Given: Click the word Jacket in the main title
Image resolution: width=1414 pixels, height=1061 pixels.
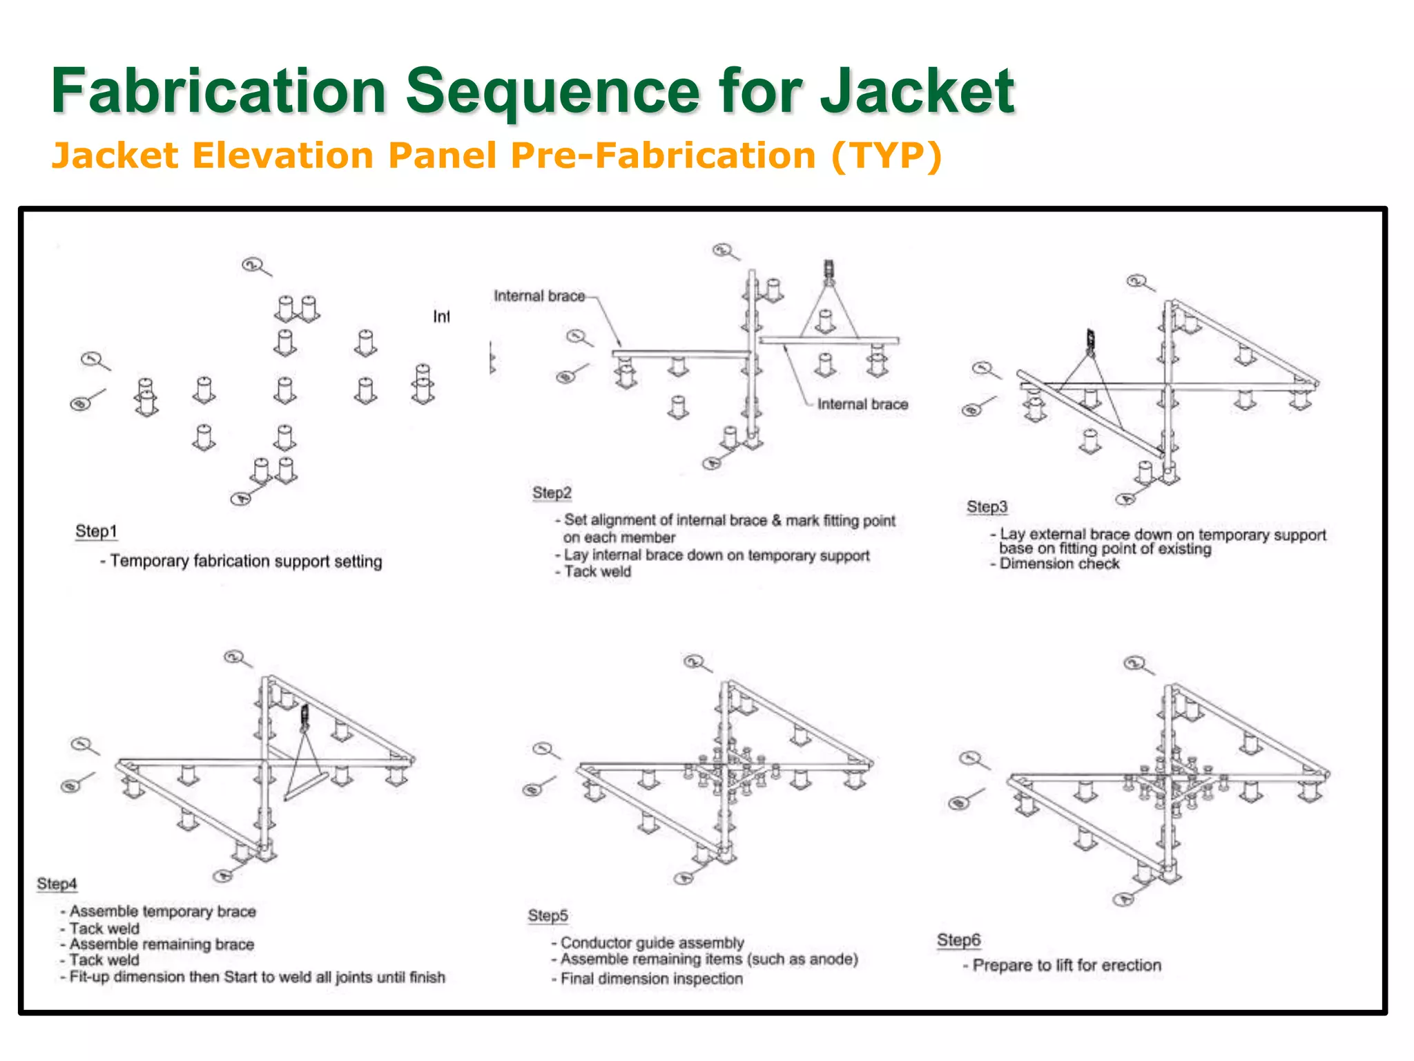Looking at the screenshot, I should coord(917,91).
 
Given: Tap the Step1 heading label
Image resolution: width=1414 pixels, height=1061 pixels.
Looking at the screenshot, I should coord(96,531).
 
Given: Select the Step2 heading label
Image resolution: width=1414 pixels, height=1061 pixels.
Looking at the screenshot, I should coord(552,493).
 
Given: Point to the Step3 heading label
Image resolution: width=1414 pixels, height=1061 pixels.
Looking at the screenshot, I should coord(987,506).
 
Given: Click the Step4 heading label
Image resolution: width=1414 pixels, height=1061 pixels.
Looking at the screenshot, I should coord(57,883).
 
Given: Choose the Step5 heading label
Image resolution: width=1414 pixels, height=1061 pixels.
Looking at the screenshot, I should coord(548,915).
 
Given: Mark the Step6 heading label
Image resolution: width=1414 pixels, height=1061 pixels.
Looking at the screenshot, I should coord(958,940).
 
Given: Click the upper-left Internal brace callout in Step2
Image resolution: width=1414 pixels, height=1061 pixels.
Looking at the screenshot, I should coord(539,296).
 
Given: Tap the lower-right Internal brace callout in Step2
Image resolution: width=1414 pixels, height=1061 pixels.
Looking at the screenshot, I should coord(862,404).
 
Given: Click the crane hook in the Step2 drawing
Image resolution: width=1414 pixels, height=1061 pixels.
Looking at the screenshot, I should coord(829,271).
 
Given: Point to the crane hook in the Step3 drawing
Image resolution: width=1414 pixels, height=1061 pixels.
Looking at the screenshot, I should coord(1091,341).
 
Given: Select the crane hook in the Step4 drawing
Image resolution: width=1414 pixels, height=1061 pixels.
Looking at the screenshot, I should coord(304,718).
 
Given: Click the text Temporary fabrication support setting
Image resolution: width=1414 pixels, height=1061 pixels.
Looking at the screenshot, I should coord(245,561).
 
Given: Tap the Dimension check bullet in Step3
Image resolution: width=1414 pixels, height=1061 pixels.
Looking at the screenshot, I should coord(1059,564).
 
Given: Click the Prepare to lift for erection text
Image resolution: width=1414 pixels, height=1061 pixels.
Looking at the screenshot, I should coord(1066,965).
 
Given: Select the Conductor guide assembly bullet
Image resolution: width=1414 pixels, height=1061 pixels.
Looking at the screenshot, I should coord(652,942).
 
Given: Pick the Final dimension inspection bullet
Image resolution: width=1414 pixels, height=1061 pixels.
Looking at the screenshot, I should coord(651,979).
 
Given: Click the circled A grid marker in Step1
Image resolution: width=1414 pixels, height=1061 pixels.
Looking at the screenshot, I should coord(240,499).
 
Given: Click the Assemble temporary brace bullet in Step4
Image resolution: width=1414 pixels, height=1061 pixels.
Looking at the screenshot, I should coord(162,911).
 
